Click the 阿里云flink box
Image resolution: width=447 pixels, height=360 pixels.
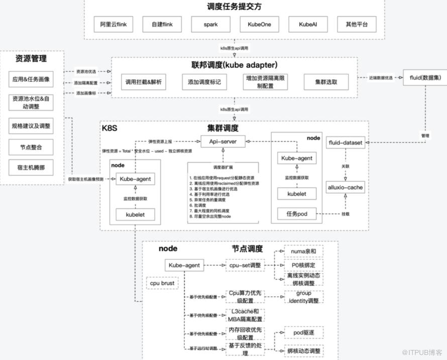tap(114, 24)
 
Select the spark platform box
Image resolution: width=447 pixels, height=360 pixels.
tap(210, 24)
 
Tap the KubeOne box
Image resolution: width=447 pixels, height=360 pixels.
tap(259, 24)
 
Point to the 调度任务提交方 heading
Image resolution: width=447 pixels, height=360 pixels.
tap(234, 7)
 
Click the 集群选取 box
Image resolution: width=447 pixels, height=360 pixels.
tap(326, 82)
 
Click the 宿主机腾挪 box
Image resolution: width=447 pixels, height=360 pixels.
tap(31, 168)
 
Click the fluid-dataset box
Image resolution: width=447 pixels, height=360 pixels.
tap(345, 143)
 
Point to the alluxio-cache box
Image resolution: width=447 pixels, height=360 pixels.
tap(345, 187)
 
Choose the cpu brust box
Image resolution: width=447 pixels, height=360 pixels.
tap(162, 283)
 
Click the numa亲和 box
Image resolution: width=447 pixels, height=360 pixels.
tap(304, 251)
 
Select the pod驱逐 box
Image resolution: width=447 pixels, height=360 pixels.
tap(303, 332)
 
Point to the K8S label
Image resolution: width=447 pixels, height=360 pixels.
tap(109, 128)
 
